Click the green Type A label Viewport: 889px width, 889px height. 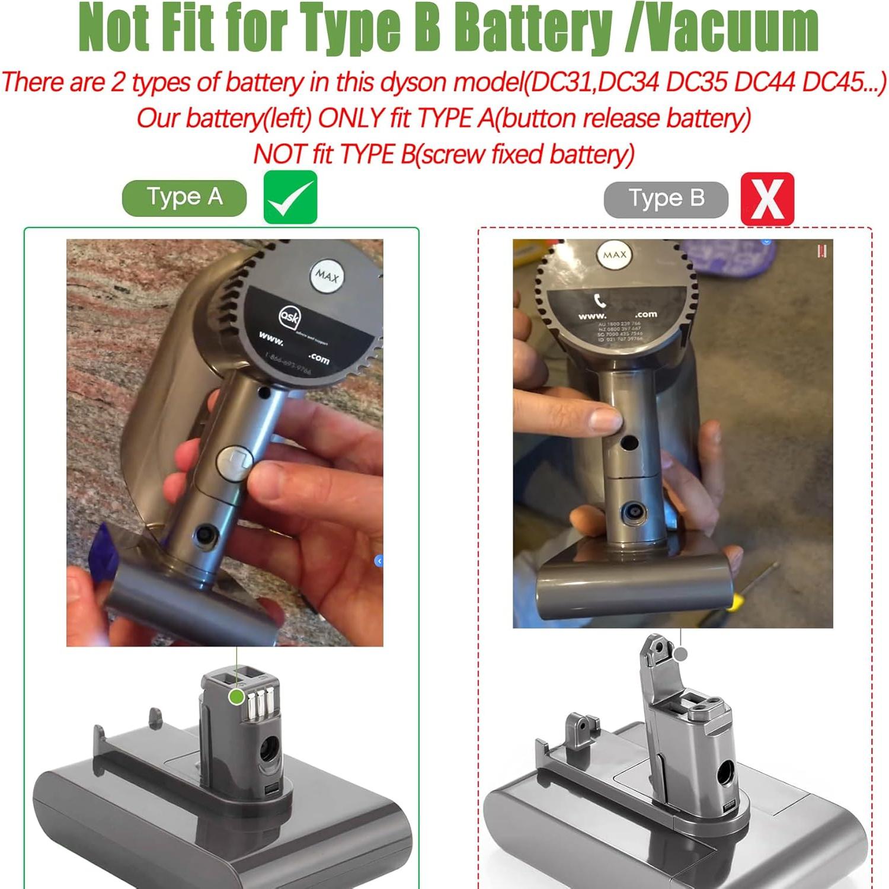184,197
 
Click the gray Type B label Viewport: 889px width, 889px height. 666,199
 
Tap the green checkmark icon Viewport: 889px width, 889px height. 290,197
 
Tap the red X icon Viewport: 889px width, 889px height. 767,199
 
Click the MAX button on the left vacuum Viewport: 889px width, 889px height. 327,276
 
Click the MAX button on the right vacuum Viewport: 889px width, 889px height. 615,255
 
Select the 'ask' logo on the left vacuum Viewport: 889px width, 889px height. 290,317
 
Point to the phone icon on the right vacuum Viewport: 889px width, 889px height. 600,300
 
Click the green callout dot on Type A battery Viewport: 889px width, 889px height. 236,697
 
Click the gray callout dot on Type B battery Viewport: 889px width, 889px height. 681,654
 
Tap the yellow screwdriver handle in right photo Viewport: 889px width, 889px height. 735,602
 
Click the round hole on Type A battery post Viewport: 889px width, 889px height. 268,750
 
